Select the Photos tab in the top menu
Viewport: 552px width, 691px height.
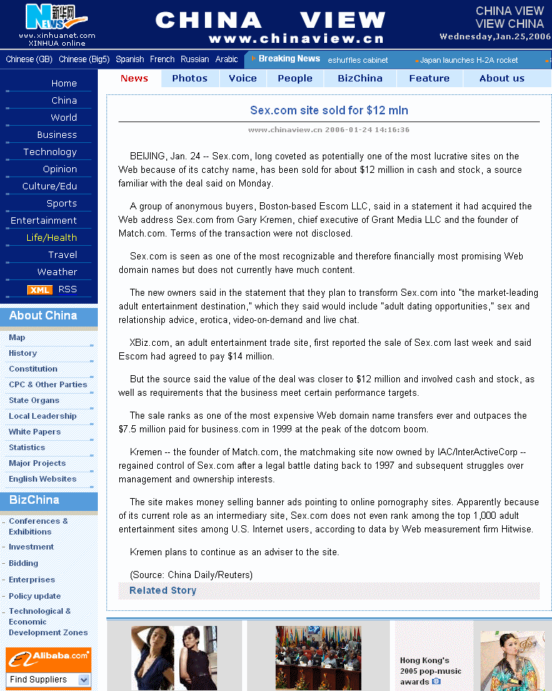(x=190, y=79)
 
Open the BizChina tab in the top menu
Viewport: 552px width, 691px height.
(x=360, y=79)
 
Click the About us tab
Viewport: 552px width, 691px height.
(x=501, y=79)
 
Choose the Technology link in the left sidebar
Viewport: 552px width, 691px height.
(x=50, y=152)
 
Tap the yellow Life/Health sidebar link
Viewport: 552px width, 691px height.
(x=51, y=238)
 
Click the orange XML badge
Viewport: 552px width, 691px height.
(x=39, y=289)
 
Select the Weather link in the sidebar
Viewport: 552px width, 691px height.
(x=57, y=272)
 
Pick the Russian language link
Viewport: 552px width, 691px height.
(x=195, y=59)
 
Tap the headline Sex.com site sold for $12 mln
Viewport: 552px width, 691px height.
(x=329, y=111)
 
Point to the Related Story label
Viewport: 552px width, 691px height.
(x=163, y=591)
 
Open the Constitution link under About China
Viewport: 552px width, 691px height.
(x=33, y=369)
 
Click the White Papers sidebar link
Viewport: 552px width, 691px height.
(x=34, y=432)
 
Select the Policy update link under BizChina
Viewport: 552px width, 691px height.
(x=34, y=596)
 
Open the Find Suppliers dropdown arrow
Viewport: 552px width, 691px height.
(x=84, y=680)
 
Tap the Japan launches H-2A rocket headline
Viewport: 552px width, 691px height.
(x=468, y=60)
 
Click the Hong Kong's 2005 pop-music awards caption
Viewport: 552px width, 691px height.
(x=431, y=671)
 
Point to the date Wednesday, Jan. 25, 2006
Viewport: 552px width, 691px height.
(x=495, y=36)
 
